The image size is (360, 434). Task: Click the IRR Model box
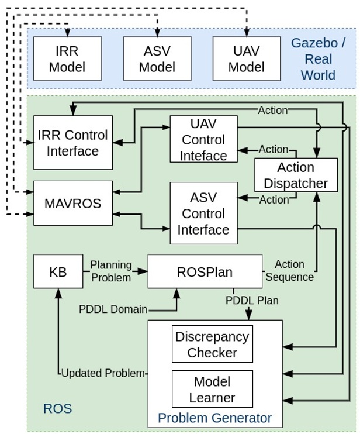click(67, 58)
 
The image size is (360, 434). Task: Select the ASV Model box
click(157, 58)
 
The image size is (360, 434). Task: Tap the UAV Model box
click(246, 58)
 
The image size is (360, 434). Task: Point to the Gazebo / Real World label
click(319, 58)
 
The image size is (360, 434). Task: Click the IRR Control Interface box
click(73, 143)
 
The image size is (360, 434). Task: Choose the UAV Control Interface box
click(203, 139)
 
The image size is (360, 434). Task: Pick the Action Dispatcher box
click(296, 175)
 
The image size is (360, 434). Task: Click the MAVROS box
click(73, 204)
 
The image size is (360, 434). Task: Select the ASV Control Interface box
click(203, 213)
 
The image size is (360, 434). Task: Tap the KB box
click(58, 271)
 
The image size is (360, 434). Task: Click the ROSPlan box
click(205, 271)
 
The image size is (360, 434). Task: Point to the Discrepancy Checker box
click(212, 345)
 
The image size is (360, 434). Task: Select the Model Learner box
click(212, 389)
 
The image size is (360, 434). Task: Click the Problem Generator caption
click(215, 418)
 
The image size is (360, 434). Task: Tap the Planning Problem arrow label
click(111, 271)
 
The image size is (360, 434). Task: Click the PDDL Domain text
click(113, 309)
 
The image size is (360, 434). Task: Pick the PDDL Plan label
click(252, 301)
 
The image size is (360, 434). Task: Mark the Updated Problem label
click(102, 373)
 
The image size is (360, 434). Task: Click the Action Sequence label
click(289, 271)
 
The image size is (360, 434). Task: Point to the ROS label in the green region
click(58, 408)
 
